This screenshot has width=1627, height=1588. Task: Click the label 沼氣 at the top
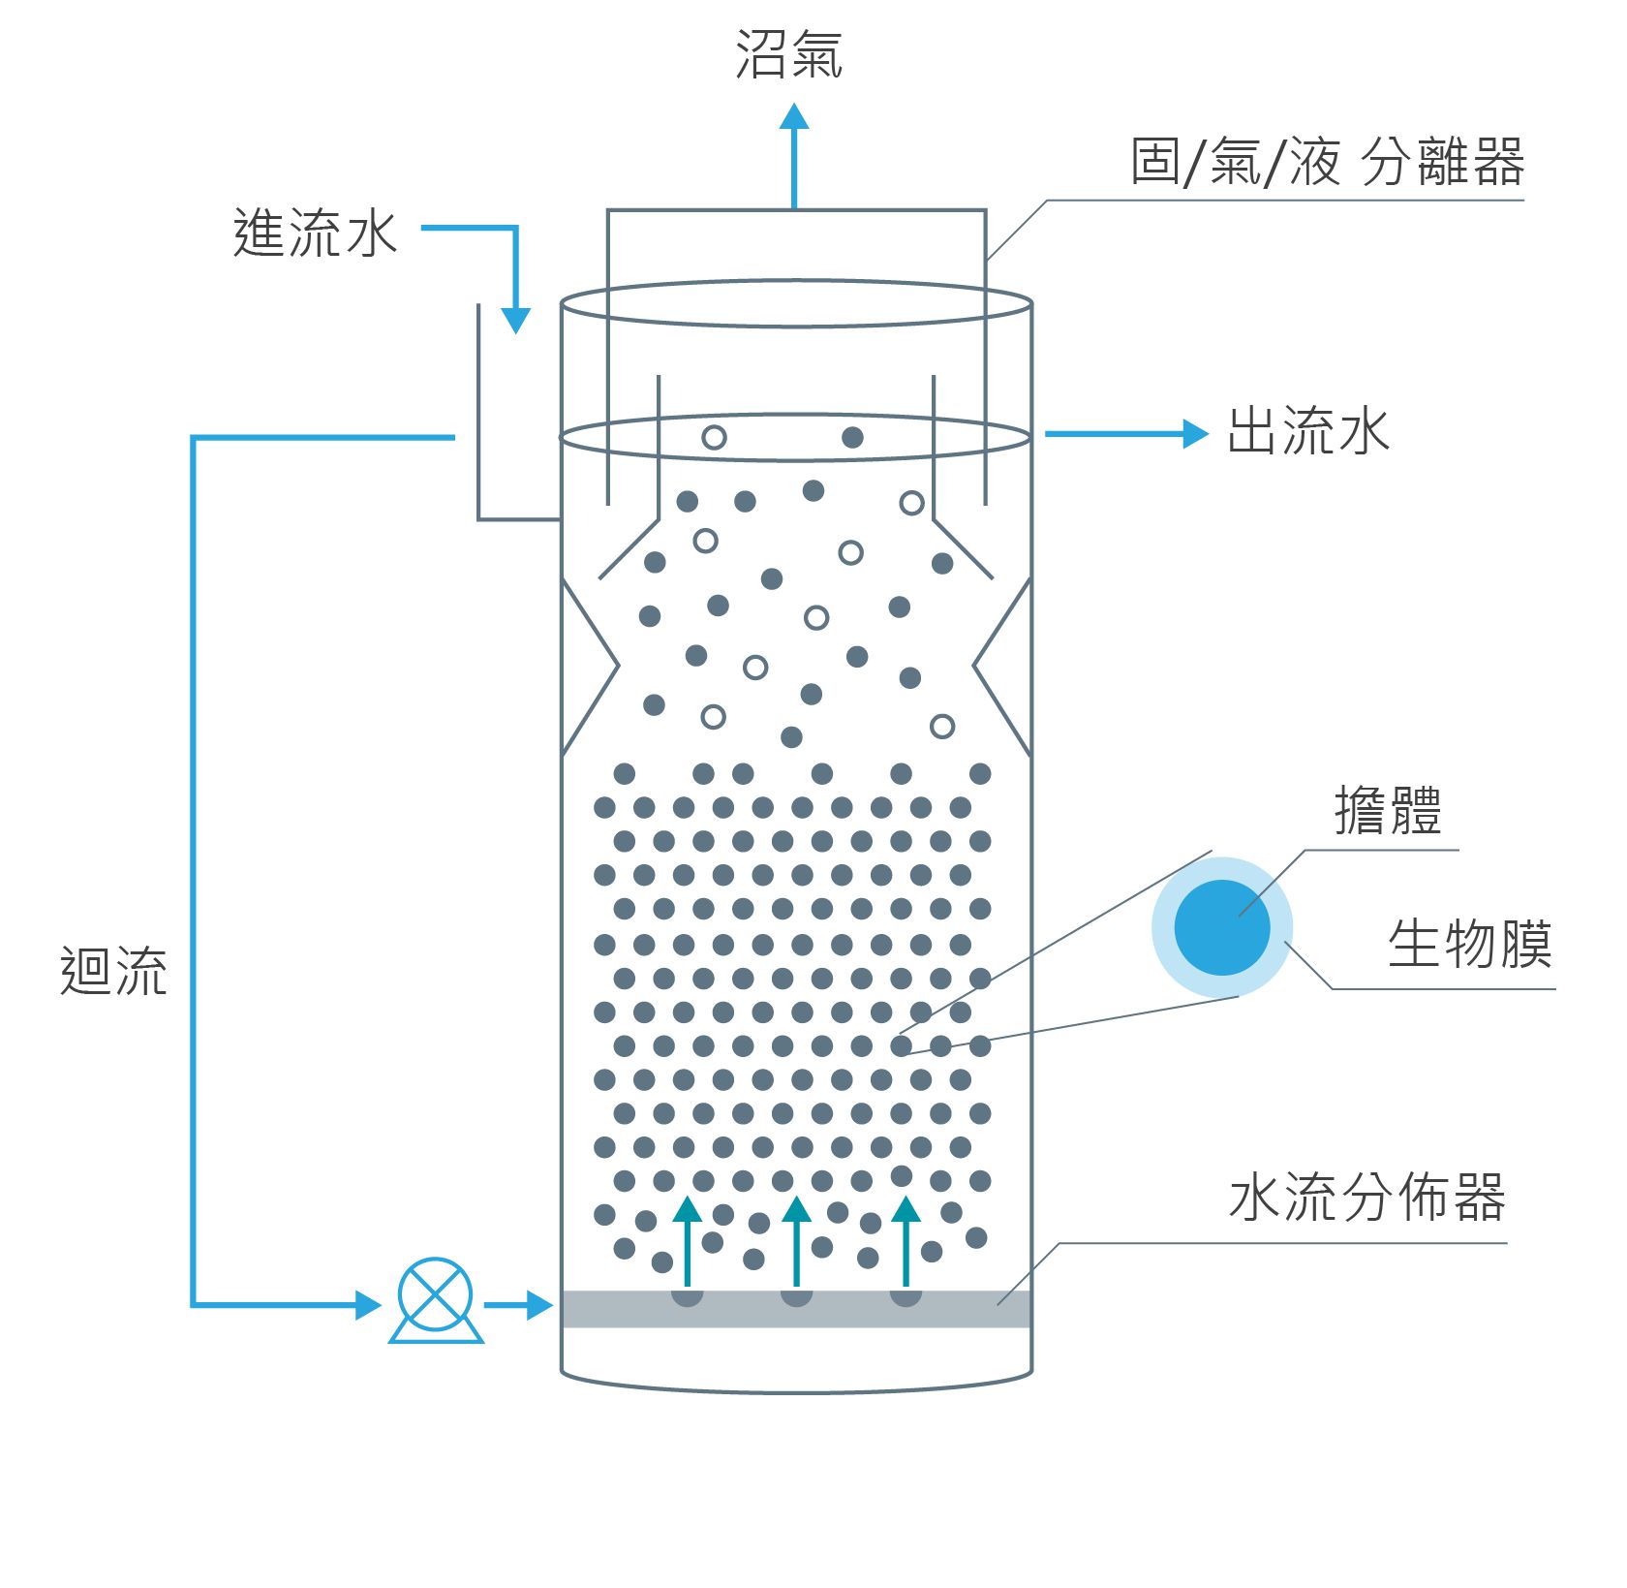pyautogui.click(x=788, y=54)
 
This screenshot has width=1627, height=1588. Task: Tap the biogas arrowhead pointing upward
pyautogui.click(x=794, y=117)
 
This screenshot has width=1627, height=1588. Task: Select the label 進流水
pyautogui.click(x=316, y=234)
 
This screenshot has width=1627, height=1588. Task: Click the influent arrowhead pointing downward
pyautogui.click(x=516, y=321)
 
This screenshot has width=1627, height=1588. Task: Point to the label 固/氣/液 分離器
pyautogui.click(x=1327, y=162)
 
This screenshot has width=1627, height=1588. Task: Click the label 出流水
pyautogui.click(x=1308, y=431)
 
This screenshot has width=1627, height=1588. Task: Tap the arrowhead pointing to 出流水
pyautogui.click(x=1196, y=433)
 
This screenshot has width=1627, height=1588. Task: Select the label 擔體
pyautogui.click(x=1388, y=810)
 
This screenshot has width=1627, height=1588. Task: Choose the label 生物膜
pyautogui.click(x=1469, y=944)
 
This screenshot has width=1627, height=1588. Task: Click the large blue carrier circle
pyautogui.click(x=1221, y=927)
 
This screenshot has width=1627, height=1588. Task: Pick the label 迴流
pyautogui.click(x=113, y=971)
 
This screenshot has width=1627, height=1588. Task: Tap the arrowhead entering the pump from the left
pyautogui.click(x=369, y=1304)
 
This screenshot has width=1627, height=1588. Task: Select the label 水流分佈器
pyautogui.click(x=1366, y=1197)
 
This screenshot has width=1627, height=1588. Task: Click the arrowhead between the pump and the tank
pyautogui.click(x=539, y=1304)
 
